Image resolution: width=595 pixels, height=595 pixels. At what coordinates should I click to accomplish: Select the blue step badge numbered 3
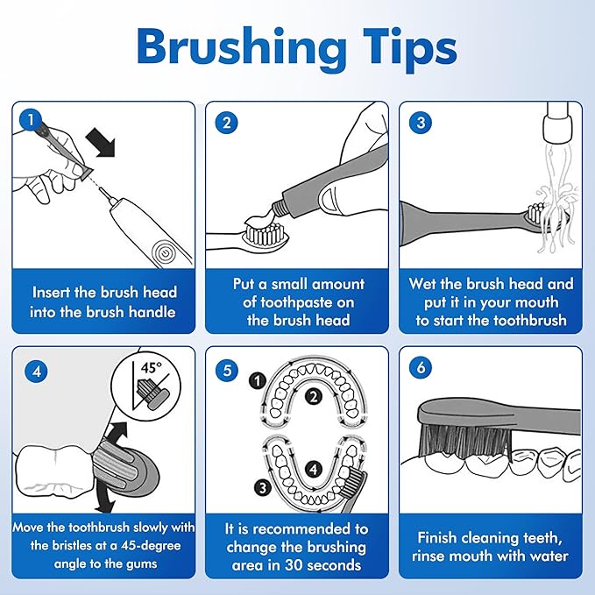point(421,122)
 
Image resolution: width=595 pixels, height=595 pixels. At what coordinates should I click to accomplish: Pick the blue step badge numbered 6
point(421,367)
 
